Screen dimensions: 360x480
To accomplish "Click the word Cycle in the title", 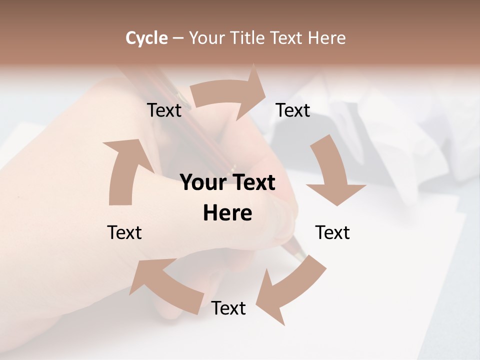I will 146,38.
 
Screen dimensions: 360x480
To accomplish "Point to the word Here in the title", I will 327,38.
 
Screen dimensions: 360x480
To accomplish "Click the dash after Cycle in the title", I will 178,38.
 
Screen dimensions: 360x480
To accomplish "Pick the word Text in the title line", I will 289,38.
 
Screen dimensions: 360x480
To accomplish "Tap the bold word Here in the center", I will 227,213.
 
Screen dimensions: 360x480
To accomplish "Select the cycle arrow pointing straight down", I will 332,172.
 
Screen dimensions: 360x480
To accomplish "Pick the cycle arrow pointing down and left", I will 290,290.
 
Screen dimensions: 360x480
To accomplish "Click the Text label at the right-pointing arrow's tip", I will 293,110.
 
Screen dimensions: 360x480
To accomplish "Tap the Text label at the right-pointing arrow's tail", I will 164,110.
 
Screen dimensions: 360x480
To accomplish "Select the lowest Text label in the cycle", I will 228,308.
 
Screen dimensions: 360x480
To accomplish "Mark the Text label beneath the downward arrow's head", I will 332,232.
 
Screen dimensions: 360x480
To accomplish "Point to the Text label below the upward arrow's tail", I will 124,232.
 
